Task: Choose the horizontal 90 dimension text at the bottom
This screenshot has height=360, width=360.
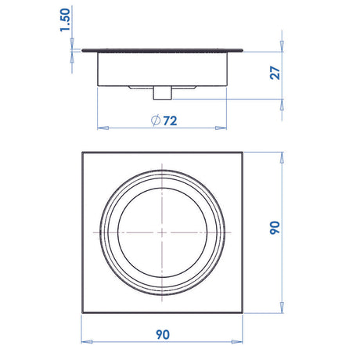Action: click(x=163, y=334)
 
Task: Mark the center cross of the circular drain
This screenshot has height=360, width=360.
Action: click(x=163, y=232)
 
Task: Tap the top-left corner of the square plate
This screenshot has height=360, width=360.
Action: click(x=82, y=151)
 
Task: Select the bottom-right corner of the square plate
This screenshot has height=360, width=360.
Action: click(x=244, y=313)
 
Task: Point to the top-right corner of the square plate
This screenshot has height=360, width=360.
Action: click(x=244, y=151)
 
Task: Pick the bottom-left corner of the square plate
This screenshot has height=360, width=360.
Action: click(x=82, y=313)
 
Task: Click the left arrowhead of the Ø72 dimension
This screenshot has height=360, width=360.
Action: click(x=99, y=126)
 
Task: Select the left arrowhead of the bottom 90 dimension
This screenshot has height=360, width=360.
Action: click(x=85, y=342)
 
